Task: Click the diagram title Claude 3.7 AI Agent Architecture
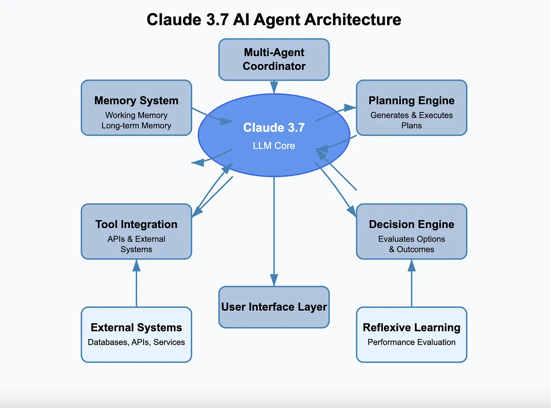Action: (x=274, y=19)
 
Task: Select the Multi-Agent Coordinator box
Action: (x=274, y=59)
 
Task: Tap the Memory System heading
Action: (x=136, y=101)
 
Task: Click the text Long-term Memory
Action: (x=136, y=126)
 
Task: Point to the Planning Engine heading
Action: (x=411, y=101)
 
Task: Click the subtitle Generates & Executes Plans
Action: (x=411, y=120)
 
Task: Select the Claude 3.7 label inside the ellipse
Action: (x=274, y=127)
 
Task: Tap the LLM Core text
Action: (x=274, y=146)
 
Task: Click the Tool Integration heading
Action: (x=136, y=224)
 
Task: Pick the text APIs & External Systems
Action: (x=136, y=244)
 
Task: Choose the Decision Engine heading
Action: (x=411, y=224)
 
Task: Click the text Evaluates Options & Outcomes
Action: (x=411, y=244)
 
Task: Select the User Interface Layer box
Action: (x=274, y=307)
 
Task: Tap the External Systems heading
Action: (x=136, y=327)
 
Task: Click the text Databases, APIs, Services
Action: (x=136, y=342)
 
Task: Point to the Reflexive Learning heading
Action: (x=411, y=327)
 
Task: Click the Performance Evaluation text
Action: (x=411, y=342)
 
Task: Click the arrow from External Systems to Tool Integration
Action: (x=136, y=284)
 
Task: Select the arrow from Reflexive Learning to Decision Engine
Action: (x=411, y=284)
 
